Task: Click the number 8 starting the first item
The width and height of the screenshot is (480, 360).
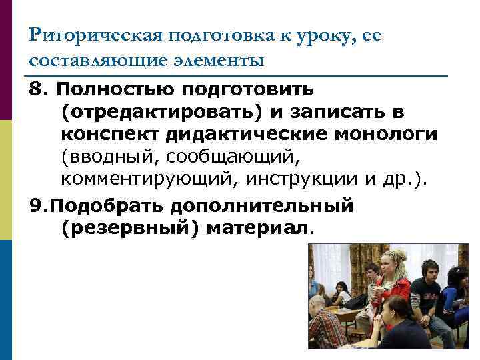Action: coord(37,89)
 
